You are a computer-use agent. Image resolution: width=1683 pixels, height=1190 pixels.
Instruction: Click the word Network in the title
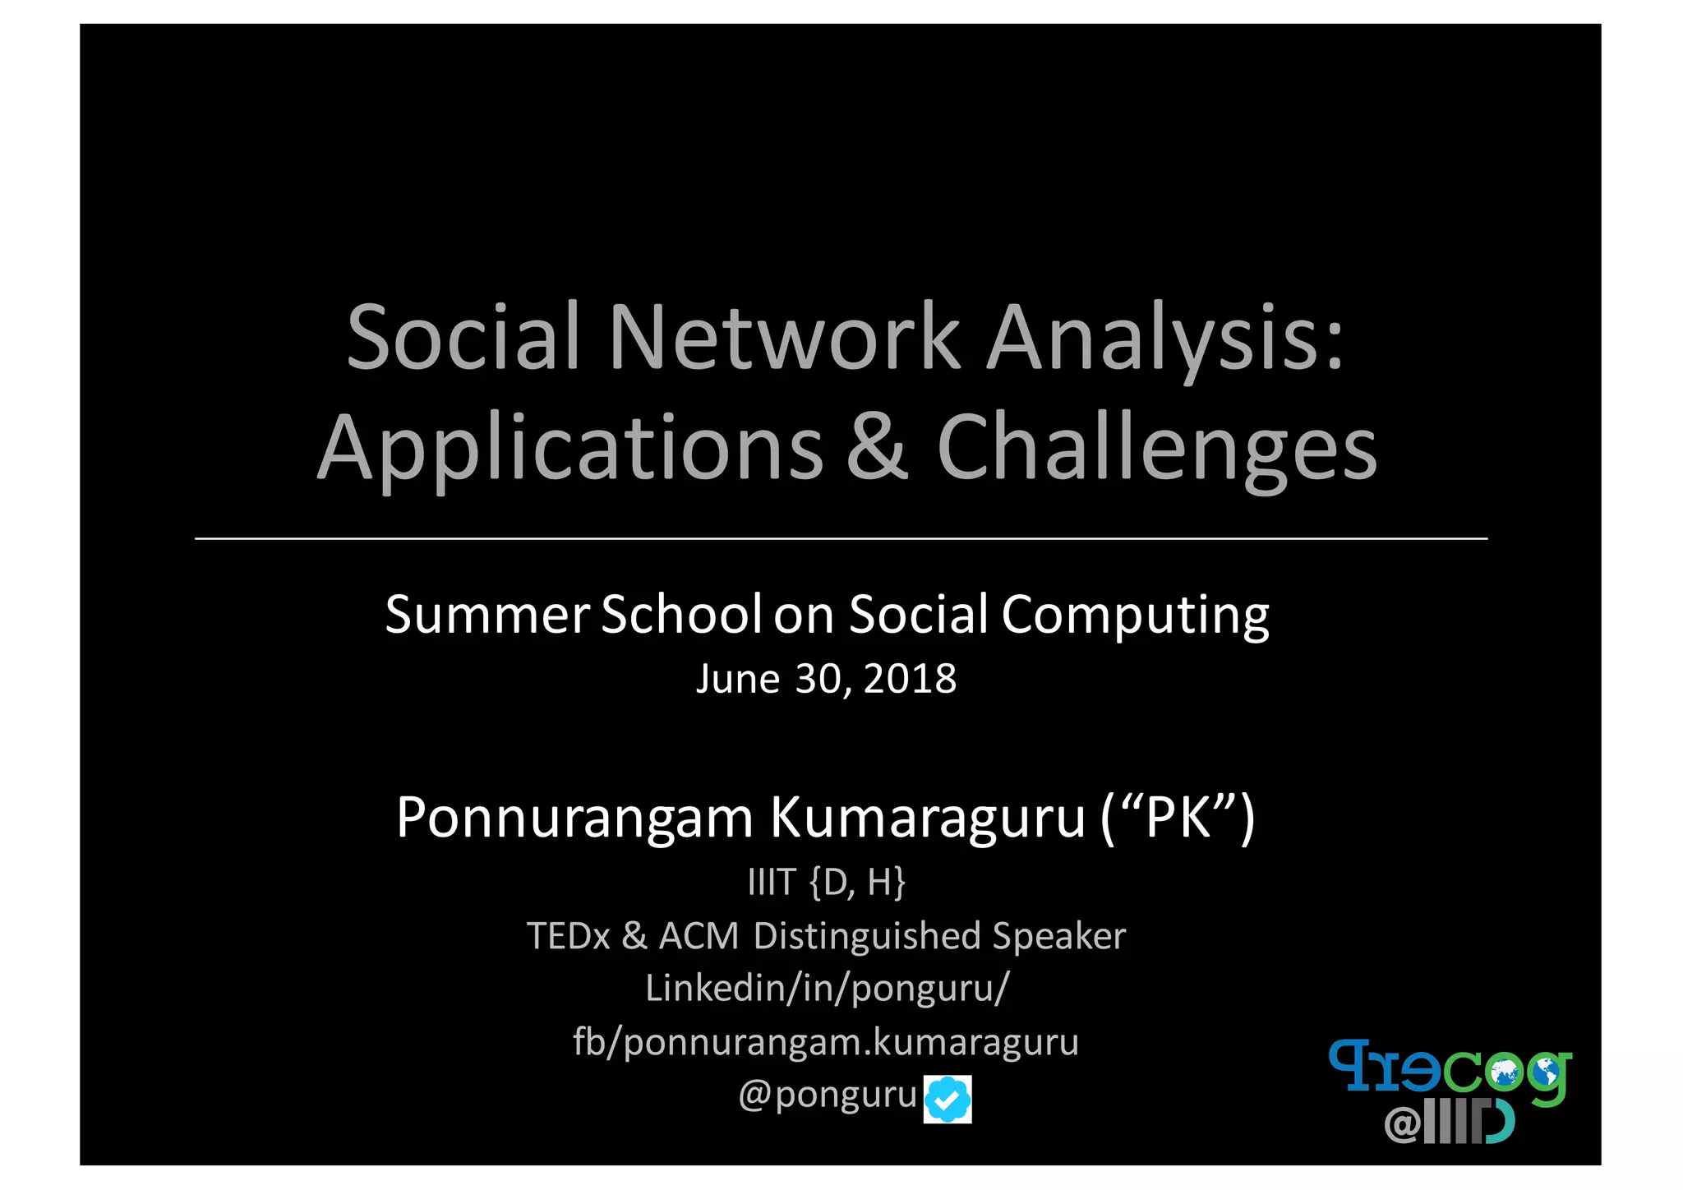click(x=784, y=337)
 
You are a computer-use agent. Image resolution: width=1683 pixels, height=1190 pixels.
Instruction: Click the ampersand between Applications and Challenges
click(x=878, y=448)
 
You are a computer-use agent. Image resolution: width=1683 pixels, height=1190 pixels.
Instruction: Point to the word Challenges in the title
click(x=1156, y=448)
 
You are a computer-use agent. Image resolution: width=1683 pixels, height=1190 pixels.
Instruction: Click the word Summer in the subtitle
click(x=486, y=615)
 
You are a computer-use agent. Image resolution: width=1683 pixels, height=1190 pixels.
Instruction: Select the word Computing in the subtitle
click(x=1135, y=615)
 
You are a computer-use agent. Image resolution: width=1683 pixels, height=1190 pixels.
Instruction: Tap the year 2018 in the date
click(x=910, y=679)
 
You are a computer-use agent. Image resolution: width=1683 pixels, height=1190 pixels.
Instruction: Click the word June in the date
click(x=737, y=679)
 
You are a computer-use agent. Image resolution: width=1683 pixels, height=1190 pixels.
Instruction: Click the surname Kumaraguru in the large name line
click(x=928, y=819)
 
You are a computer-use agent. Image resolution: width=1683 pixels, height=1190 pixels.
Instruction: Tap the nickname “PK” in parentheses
click(x=1178, y=819)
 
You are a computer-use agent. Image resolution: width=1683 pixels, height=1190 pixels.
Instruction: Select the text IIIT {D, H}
click(x=826, y=883)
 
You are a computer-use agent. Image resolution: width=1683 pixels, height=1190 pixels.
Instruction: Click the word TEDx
click(x=569, y=936)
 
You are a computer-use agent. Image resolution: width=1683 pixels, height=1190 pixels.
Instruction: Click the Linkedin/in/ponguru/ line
click(x=826, y=989)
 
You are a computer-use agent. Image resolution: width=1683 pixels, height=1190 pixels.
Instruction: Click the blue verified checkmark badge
click(x=948, y=1099)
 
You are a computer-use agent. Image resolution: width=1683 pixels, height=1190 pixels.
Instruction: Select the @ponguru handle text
click(x=827, y=1095)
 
